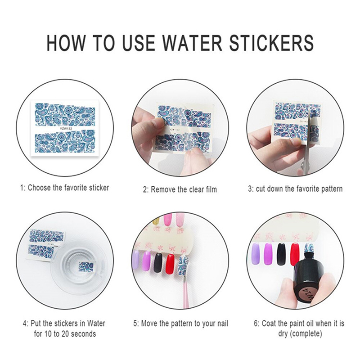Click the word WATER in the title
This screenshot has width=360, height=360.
[193, 43]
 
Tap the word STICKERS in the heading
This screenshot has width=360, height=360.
[272, 43]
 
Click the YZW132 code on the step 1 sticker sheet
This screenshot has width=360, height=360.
[65, 129]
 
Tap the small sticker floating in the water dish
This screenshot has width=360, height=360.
[87, 266]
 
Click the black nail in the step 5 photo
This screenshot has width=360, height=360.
[158, 262]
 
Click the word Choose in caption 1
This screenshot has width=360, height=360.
[39, 188]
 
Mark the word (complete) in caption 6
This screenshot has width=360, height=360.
[306, 333]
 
